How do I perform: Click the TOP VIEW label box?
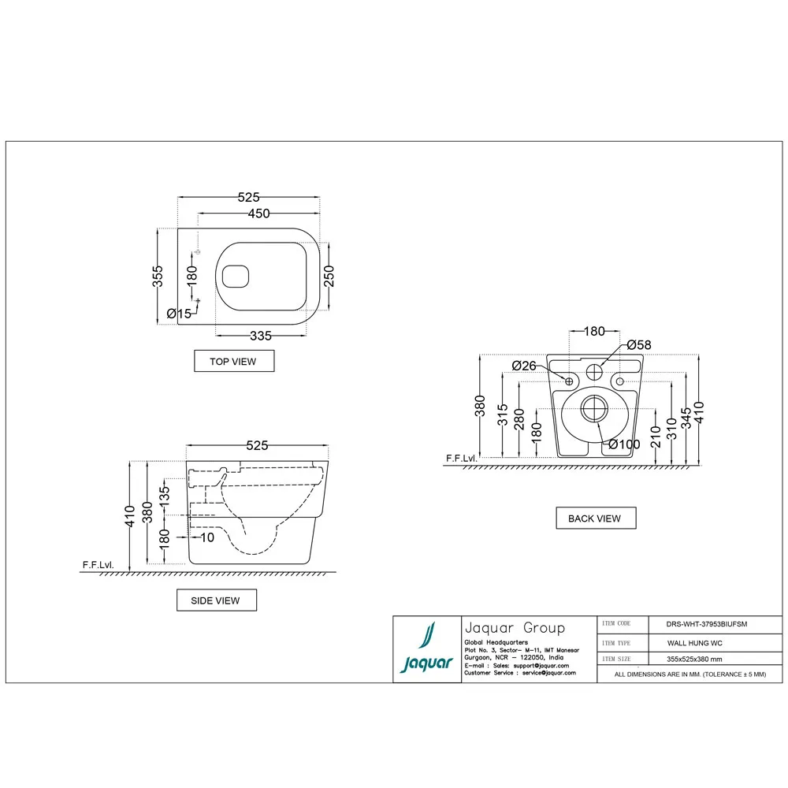[235, 361]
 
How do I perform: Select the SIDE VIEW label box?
[216, 600]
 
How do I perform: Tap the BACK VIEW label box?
[595, 519]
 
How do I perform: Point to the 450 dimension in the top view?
[259, 214]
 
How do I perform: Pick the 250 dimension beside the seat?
[329, 275]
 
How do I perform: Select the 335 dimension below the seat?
[260, 336]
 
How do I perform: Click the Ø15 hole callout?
[180, 314]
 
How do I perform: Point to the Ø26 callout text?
[524, 365]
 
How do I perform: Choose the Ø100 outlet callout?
[624, 444]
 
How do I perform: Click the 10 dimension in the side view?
[207, 537]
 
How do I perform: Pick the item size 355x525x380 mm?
[693, 659]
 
